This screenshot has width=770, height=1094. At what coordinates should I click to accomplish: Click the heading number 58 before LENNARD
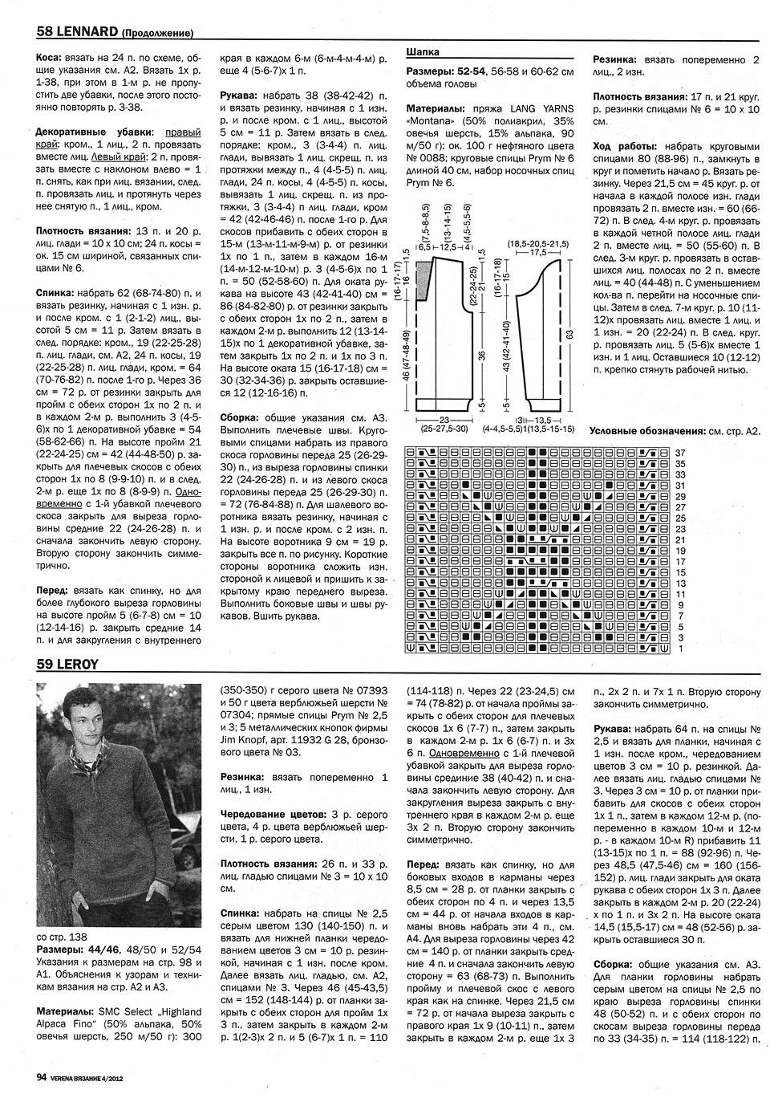45,33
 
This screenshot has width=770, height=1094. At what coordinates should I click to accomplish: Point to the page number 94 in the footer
41,1078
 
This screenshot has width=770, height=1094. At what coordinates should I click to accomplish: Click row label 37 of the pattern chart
680,453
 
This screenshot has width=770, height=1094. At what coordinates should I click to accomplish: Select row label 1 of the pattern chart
680,649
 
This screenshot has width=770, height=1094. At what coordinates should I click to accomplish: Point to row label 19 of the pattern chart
680,551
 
